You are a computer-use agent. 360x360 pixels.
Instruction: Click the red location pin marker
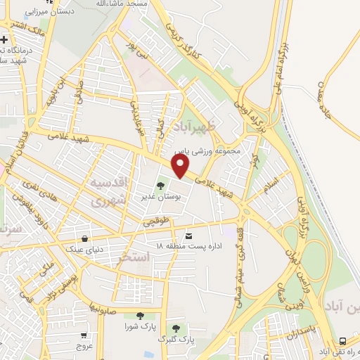point(181,166)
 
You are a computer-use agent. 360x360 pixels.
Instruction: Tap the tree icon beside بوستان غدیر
point(161,186)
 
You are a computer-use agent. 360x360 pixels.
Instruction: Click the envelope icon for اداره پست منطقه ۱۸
point(188,236)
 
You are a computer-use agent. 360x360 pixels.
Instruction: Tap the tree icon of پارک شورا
point(139,316)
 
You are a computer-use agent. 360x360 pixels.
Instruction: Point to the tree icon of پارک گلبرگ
point(176,328)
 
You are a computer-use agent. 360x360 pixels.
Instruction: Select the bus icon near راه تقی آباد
point(342,340)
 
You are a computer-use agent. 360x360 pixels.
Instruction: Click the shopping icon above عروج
point(84,335)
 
